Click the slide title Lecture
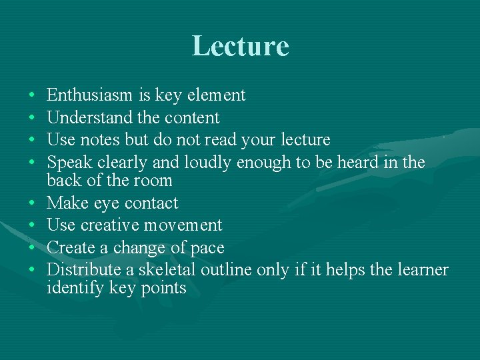[x=240, y=46]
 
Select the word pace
[x=208, y=248]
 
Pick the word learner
[x=422, y=270]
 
